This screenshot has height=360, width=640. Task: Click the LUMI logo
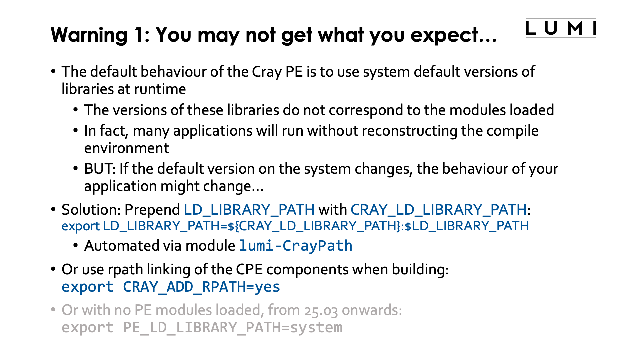point(561,28)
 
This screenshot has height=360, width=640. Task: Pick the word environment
point(126,148)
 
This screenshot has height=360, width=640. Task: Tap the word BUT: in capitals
point(100,169)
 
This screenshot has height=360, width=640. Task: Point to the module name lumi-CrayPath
point(296,246)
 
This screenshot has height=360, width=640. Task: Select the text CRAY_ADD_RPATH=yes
point(201,287)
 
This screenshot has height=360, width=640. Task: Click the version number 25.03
point(321,311)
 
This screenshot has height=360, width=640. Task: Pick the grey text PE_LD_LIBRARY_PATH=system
point(233,328)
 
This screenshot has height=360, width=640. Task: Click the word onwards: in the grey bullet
point(372,310)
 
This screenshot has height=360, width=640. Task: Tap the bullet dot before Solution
point(53,210)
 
